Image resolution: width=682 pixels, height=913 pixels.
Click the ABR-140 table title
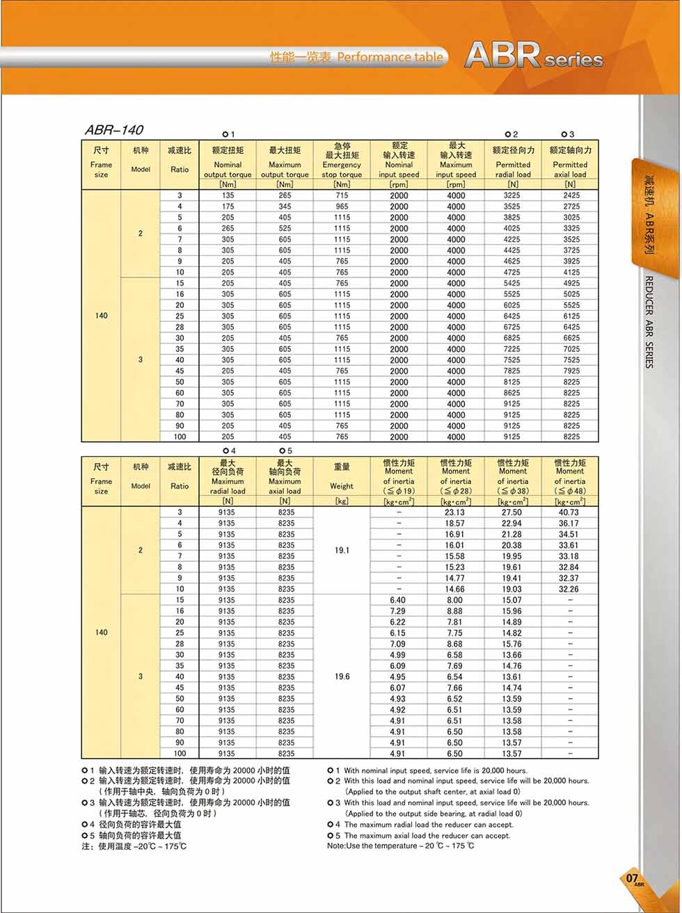tap(114, 130)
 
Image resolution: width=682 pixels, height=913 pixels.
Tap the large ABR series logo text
tap(533, 55)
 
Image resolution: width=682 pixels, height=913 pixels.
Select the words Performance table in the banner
tap(390, 57)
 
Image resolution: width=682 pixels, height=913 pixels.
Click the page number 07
tap(632, 878)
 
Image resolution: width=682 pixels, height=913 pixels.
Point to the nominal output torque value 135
tap(228, 195)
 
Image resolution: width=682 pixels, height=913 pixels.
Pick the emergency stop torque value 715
tap(342, 195)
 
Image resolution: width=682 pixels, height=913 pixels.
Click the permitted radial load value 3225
tap(512, 195)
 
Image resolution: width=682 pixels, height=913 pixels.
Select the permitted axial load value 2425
tap(571, 195)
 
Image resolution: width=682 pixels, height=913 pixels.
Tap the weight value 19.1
tap(342, 550)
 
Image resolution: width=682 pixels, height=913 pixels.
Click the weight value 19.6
tap(342, 677)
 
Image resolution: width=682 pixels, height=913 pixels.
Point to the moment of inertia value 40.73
tap(569, 512)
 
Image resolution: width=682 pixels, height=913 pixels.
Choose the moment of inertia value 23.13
tap(455, 512)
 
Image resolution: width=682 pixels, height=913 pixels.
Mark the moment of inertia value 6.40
tap(398, 600)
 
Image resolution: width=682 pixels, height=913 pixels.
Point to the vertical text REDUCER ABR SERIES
tap(649, 322)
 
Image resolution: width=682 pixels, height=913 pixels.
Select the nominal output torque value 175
tap(228, 207)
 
